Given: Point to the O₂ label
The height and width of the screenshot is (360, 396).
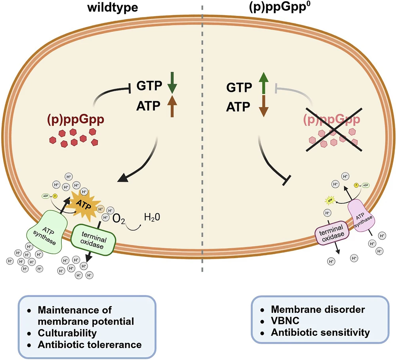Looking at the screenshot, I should point(120,219).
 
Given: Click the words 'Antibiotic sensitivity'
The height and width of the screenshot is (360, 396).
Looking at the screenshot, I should point(319,331).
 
